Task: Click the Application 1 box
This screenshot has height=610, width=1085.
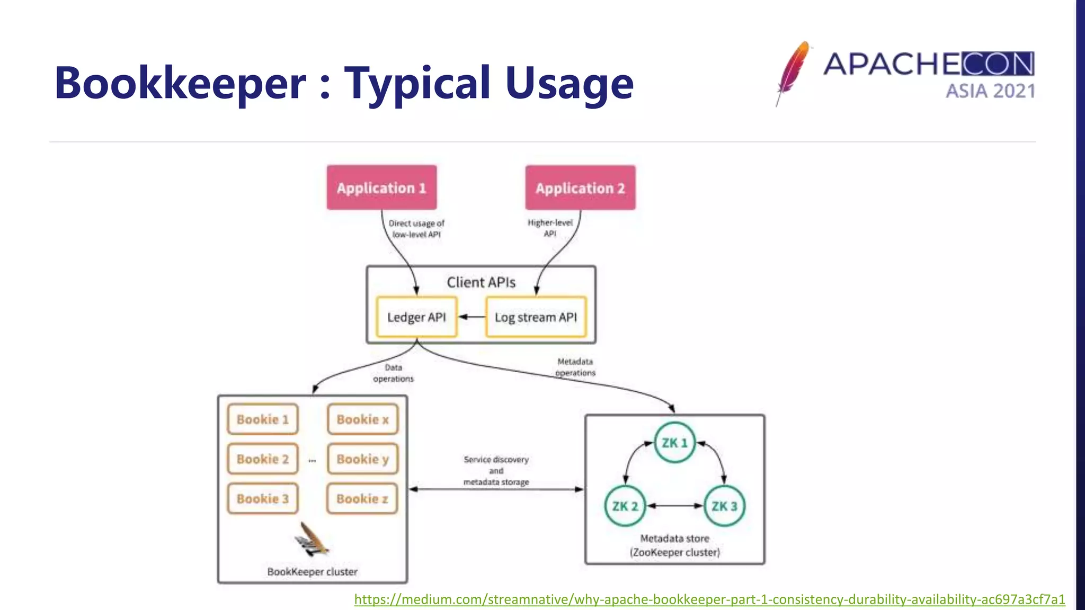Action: pyautogui.click(x=381, y=188)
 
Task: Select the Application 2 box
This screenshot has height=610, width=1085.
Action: pyautogui.click(x=580, y=188)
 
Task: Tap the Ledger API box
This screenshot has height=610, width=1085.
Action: pyautogui.click(x=416, y=317)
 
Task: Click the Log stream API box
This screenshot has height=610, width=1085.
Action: pyautogui.click(x=536, y=317)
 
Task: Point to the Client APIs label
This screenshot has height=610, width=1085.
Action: pyautogui.click(x=481, y=282)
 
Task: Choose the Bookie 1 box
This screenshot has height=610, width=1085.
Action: pyautogui.click(x=263, y=419)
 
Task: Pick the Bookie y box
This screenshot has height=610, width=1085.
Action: pyautogui.click(x=362, y=459)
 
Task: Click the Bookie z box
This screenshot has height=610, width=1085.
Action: pyautogui.click(x=362, y=499)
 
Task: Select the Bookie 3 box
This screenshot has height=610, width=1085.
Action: pyautogui.click(x=263, y=499)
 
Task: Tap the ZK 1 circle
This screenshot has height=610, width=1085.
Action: pyautogui.click(x=674, y=443)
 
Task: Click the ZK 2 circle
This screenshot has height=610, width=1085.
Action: pyautogui.click(x=625, y=506)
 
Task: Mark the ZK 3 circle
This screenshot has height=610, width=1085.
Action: pyautogui.click(x=724, y=506)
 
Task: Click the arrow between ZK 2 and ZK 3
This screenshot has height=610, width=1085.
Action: pyautogui.click(x=674, y=506)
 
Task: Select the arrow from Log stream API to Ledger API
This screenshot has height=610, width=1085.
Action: pyautogui.click(x=471, y=317)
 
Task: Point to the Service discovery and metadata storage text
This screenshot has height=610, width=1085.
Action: pyautogui.click(x=496, y=471)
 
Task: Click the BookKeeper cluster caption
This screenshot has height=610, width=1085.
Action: pyautogui.click(x=313, y=572)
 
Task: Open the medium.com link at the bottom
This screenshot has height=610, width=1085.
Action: pyautogui.click(x=709, y=599)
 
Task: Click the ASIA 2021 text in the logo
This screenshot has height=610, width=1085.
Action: pyautogui.click(x=990, y=91)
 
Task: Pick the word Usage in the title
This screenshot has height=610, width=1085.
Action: pyautogui.click(x=569, y=84)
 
